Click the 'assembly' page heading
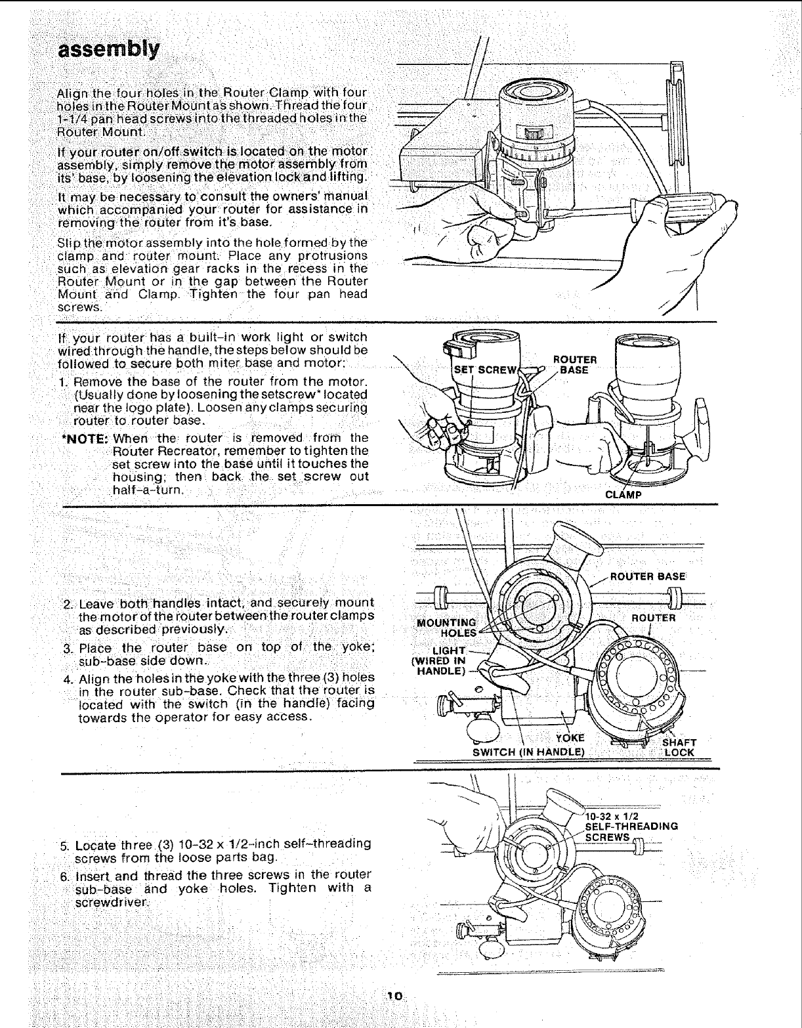(x=109, y=51)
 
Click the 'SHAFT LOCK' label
(x=678, y=747)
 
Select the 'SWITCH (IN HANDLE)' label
(x=528, y=752)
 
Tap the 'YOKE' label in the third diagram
(x=570, y=738)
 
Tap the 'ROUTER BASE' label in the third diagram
(x=648, y=577)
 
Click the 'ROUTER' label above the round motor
(x=653, y=618)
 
